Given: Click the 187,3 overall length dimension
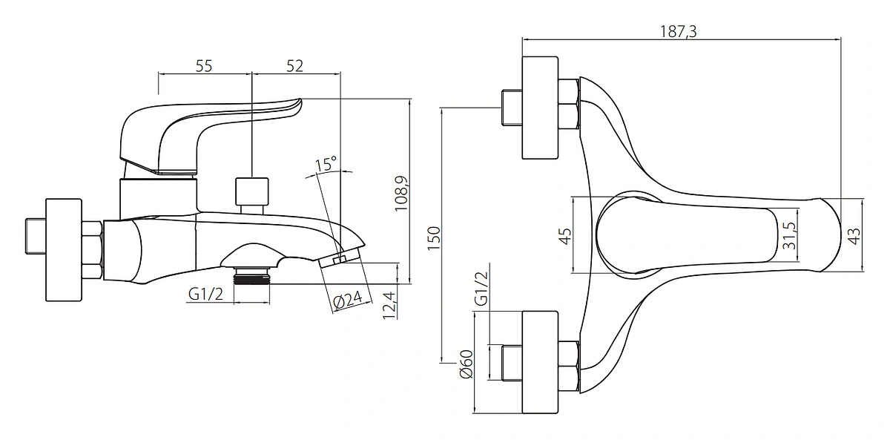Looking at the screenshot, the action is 678,31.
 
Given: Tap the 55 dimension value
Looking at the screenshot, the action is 204,66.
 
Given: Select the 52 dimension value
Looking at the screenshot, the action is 295,66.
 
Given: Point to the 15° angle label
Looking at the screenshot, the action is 326,163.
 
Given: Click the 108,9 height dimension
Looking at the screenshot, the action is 401,194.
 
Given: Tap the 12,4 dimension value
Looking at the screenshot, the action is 389,305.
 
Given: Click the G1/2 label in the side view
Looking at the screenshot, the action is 205,294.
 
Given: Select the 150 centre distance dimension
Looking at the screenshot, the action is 434,238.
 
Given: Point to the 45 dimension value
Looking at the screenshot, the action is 564,236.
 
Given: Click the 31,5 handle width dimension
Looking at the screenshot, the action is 789,236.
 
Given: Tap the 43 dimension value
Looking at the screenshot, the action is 854,236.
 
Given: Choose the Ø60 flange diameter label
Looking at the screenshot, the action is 467,364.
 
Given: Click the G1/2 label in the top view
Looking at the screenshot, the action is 481,289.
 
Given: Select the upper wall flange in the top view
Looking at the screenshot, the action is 540,108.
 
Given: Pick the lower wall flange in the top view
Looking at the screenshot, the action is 540,363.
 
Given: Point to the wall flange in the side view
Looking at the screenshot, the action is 64,250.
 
